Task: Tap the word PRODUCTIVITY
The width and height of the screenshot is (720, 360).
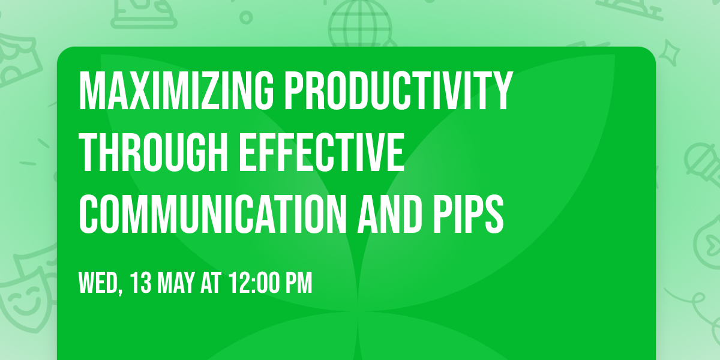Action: [398, 91]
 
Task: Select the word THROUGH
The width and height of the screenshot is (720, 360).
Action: [154, 152]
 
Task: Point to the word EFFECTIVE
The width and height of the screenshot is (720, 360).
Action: [322, 152]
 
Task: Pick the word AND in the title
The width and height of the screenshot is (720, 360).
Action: [389, 214]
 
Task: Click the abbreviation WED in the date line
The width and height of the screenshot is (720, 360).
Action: [98, 283]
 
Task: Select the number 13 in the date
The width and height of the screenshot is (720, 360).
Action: [141, 283]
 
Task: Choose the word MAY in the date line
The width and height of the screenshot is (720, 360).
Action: [176, 283]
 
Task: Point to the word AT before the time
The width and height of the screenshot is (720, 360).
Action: [211, 283]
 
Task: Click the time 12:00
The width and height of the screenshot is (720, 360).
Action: [254, 283]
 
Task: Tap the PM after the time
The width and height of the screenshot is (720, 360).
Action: [299, 283]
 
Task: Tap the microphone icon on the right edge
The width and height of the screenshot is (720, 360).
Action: [703, 164]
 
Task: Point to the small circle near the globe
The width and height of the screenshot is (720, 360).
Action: [246, 17]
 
